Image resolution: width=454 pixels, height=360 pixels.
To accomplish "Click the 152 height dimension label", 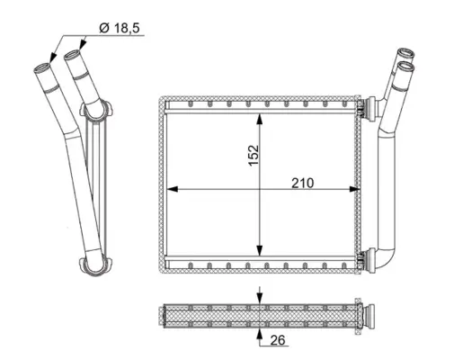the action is coord(254,155).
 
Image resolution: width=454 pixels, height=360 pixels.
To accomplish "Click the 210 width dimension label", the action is coord(303,183).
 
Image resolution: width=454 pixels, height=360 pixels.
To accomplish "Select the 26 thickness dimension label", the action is coord(278,340).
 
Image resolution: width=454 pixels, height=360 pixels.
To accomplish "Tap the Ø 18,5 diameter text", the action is coord(120,28).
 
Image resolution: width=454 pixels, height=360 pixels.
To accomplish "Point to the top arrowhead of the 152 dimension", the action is coord(260,119).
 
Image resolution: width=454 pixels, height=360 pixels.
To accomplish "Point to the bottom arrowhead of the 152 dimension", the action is coord(260,250).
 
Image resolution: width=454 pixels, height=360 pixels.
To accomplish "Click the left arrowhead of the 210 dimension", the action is coord(172,189).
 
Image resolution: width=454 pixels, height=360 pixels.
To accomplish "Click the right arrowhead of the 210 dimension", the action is coord(354,189).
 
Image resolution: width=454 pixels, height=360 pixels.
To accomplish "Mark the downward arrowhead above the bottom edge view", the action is coord(260,299).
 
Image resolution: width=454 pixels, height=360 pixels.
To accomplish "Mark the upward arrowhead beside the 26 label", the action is coord(260,334).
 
